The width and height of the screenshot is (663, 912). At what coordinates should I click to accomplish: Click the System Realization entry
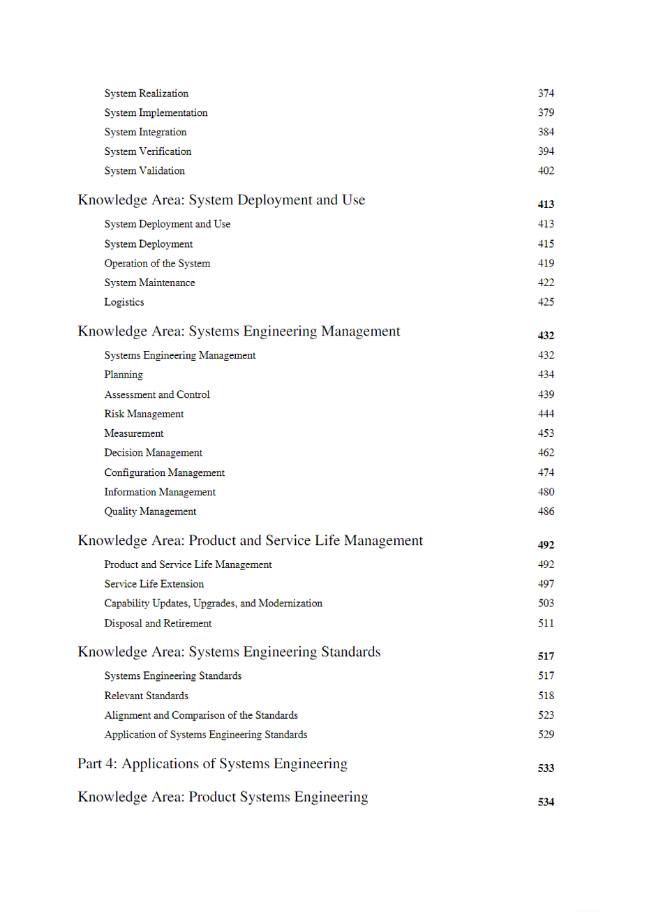coord(147,94)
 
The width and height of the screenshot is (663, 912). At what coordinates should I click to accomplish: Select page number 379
coord(546,112)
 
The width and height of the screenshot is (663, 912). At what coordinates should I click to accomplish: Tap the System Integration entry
coord(145,132)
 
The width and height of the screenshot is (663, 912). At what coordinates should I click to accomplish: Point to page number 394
coord(546,151)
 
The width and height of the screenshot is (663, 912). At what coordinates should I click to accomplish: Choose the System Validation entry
coord(144,171)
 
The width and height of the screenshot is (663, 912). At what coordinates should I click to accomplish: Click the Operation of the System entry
coord(157,264)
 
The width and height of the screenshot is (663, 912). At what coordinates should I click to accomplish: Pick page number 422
coord(546,283)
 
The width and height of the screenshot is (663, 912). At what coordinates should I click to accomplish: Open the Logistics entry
coord(124,302)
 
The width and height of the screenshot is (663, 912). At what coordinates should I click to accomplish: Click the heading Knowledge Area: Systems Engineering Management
coord(239,331)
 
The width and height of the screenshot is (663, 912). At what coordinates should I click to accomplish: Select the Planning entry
coord(124,375)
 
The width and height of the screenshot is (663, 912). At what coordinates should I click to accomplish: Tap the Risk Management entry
coord(144,414)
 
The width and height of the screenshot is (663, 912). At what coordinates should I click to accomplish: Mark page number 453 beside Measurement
coord(546,433)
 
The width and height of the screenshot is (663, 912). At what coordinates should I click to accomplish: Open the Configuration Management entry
coord(165,473)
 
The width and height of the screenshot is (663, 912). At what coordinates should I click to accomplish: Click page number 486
coord(546,511)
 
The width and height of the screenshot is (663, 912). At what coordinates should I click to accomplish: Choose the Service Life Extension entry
coord(154,584)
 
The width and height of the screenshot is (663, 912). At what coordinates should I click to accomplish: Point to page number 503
coord(546,604)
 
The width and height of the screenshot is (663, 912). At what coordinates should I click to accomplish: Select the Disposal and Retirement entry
coord(158,623)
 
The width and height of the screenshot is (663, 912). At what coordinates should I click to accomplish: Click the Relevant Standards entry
coord(147,696)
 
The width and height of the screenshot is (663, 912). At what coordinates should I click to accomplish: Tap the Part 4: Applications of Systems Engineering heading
coord(212,764)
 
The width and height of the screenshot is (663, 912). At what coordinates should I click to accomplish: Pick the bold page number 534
coord(546,802)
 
